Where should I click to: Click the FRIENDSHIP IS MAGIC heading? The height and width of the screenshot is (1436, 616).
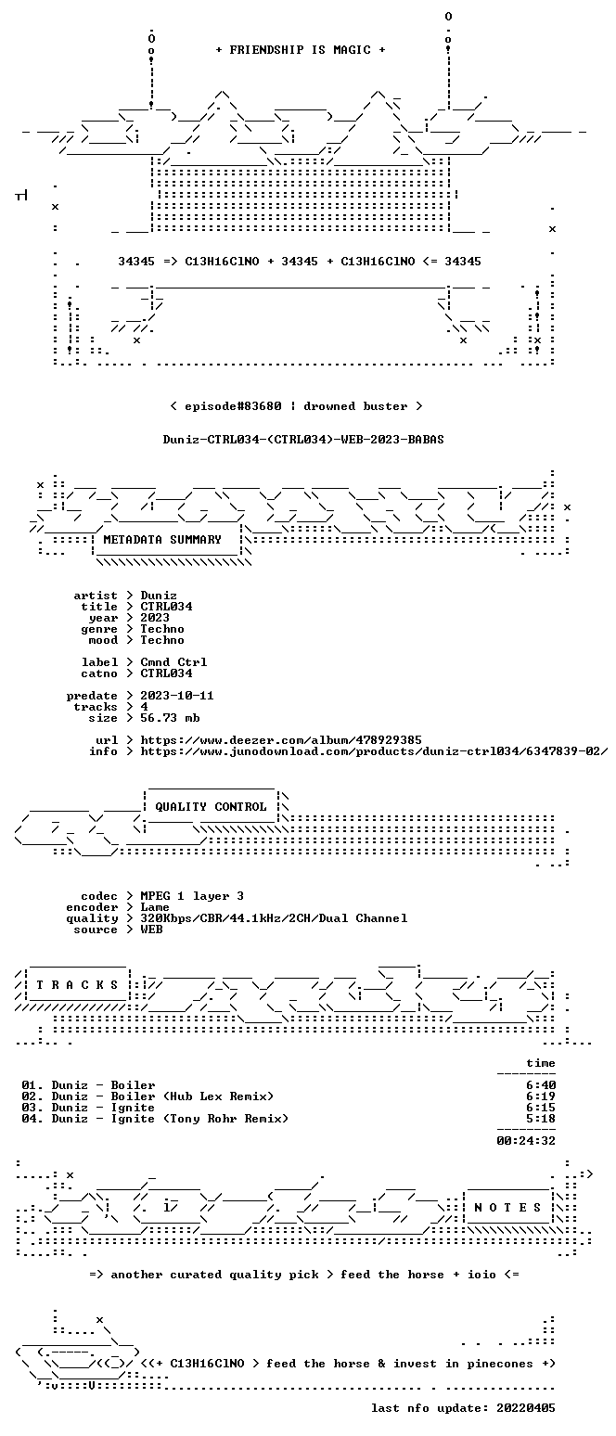(300, 50)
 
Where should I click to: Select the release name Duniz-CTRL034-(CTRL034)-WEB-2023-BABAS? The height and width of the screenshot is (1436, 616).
(303, 440)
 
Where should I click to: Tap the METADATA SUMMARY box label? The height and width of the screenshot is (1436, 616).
(162, 540)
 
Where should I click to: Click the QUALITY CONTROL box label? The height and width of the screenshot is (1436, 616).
(211, 807)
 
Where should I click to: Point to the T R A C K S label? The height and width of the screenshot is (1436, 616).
(77, 985)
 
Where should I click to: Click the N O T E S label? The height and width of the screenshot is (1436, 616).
(507, 1208)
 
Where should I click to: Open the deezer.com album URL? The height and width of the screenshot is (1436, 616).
(281, 740)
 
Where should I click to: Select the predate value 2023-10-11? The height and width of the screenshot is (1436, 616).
(177, 697)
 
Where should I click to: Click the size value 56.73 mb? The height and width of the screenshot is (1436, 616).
(170, 718)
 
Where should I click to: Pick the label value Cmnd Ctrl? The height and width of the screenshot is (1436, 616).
(173, 662)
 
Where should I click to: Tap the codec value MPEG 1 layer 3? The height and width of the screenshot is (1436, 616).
(192, 896)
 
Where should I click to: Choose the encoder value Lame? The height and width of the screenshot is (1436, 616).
(155, 908)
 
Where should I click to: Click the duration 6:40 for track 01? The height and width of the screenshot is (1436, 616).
(541, 1085)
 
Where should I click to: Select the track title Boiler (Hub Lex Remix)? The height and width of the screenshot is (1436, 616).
(192, 1096)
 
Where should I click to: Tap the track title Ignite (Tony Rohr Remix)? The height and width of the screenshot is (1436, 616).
(199, 1119)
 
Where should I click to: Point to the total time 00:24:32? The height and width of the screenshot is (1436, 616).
(526, 1141)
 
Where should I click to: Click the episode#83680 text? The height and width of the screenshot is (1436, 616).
(233, 406)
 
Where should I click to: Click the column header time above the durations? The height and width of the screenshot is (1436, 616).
(541, 1063)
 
